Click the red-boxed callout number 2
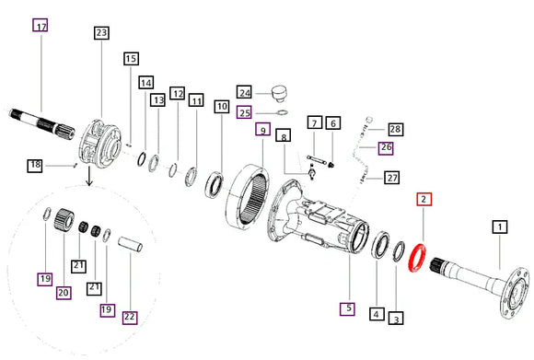[x=424, y=199]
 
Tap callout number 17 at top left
[x=41, y=25]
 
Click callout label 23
[x=101, y=33]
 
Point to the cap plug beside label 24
[x=279, y=94]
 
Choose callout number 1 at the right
[x=500, y=226]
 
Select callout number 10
[x=222, y=107]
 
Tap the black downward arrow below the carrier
[x=89, y=176]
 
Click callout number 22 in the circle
[x=130, y=317]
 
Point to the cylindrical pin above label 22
[x=130, y=244]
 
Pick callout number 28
[x=395, y=129]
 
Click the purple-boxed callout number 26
[x=386, y=147]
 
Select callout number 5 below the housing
[x=348, y=308]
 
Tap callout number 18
[x=35, y=165]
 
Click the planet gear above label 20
[x=64, y=220]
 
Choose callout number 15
[x=131, y=59]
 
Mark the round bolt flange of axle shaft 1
[x=516, y=294]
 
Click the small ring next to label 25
[x=282, y=112]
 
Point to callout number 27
[x=392, y=178]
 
